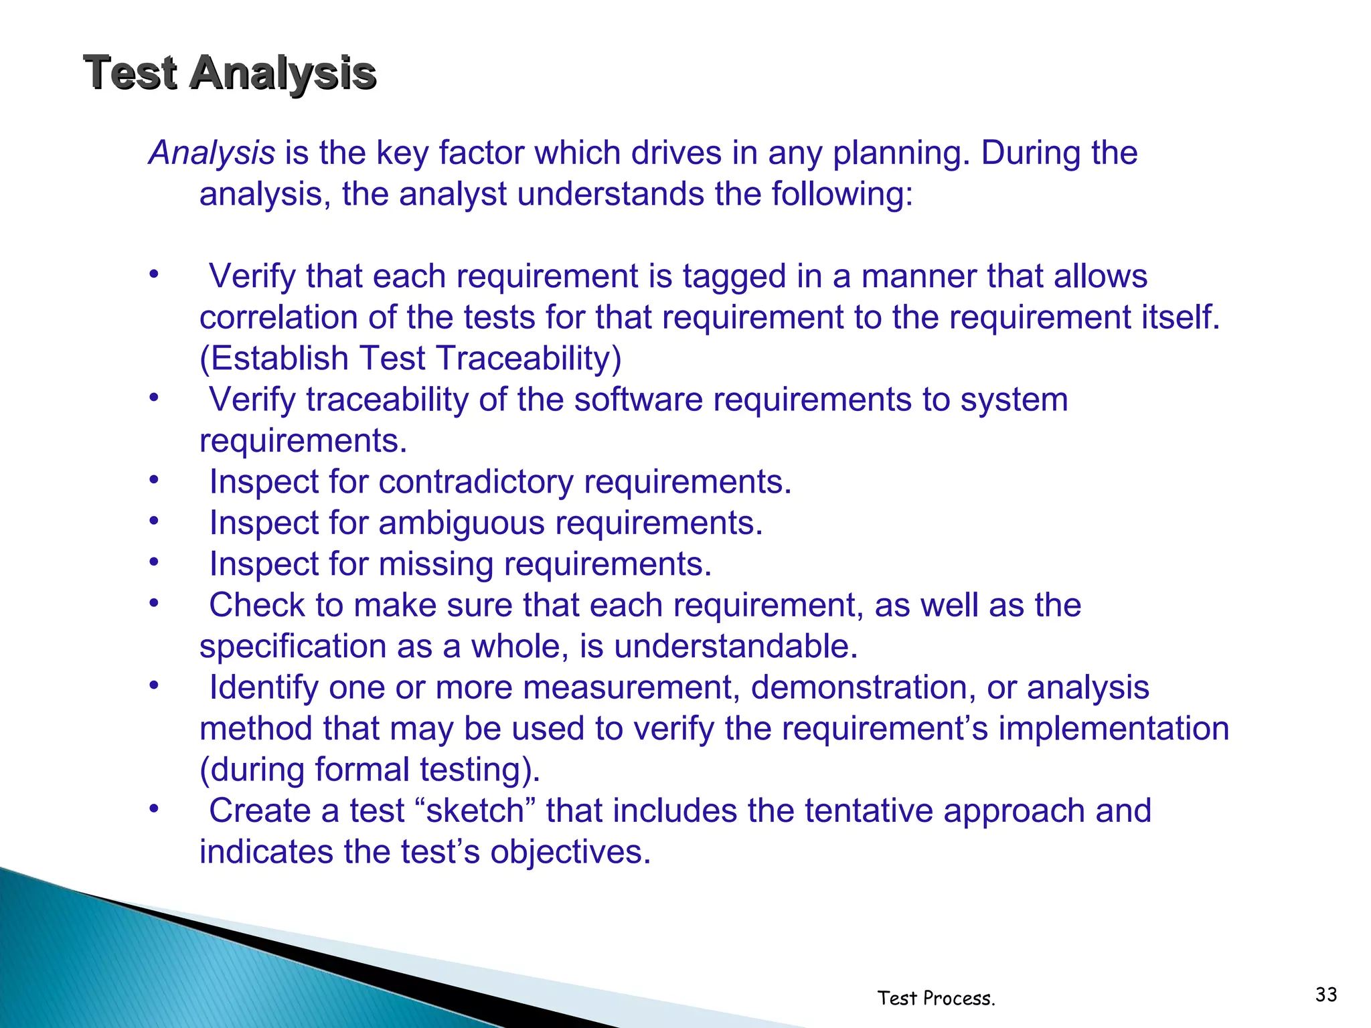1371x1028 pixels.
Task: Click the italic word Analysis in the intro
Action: [212, 153]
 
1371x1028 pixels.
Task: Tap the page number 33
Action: [1325, 995]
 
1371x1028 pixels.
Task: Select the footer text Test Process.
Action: [936, 999]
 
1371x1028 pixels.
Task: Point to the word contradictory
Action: [476, 482]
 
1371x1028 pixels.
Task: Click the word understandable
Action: [736, 647]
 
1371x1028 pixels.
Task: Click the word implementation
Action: [1113, 729]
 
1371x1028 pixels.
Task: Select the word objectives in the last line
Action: [570, 853]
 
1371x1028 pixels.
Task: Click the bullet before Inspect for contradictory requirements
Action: [154, 481]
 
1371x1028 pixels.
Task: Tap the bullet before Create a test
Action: [154, 809]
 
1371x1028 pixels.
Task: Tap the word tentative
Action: [868, 811]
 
